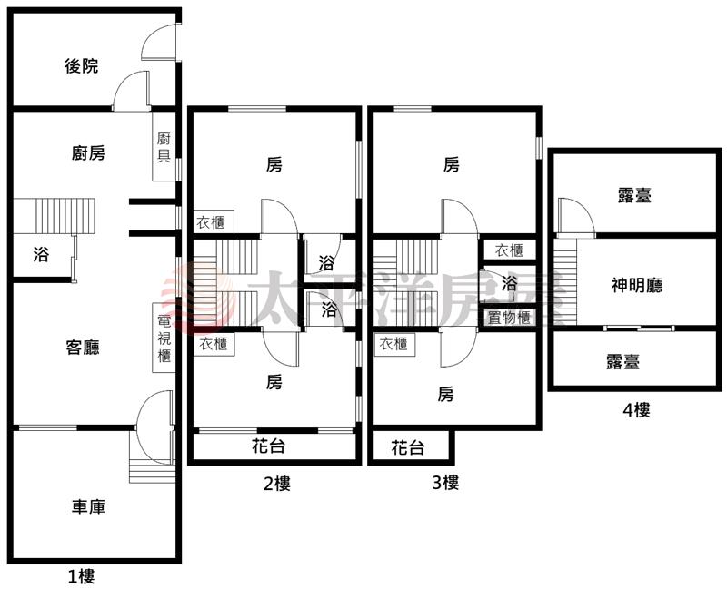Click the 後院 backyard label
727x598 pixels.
(82, 66)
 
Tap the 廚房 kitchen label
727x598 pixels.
(88, 153)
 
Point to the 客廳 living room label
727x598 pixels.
(83, 347)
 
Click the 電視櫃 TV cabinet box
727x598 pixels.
(164, 338)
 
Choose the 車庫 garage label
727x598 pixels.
(88, 506)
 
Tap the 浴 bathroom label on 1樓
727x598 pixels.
(41, 255)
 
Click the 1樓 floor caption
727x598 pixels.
(81, 575)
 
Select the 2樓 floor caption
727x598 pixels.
(276, 484)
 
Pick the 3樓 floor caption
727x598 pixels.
(444, 483)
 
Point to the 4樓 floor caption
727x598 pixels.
(636, 409)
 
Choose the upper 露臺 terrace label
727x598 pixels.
(636, 195)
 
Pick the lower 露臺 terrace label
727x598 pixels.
(622, 361)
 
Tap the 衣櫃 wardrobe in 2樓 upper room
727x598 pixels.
(214, 221)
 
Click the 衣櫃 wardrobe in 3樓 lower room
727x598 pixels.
(393, 344)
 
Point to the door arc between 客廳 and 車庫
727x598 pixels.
(154, 411)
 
